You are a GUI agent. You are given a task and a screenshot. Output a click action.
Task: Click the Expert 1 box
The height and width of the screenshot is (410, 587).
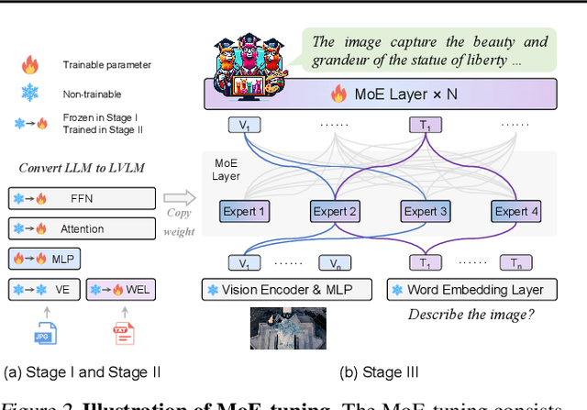[245, 211]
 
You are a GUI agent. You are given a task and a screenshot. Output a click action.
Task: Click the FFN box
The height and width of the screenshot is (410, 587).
[82, 198]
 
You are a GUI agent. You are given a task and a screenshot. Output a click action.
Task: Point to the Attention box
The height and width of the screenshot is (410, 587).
[82, 228]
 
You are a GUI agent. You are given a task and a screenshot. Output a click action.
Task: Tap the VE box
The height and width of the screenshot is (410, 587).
[43, 291]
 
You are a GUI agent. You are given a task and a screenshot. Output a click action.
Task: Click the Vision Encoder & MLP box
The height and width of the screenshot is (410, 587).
[289, 290]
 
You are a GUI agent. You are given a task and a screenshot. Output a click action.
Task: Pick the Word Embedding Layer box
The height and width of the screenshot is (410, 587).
[477, 290]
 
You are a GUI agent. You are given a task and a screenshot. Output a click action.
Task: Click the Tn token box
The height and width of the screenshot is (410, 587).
[515, 263]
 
